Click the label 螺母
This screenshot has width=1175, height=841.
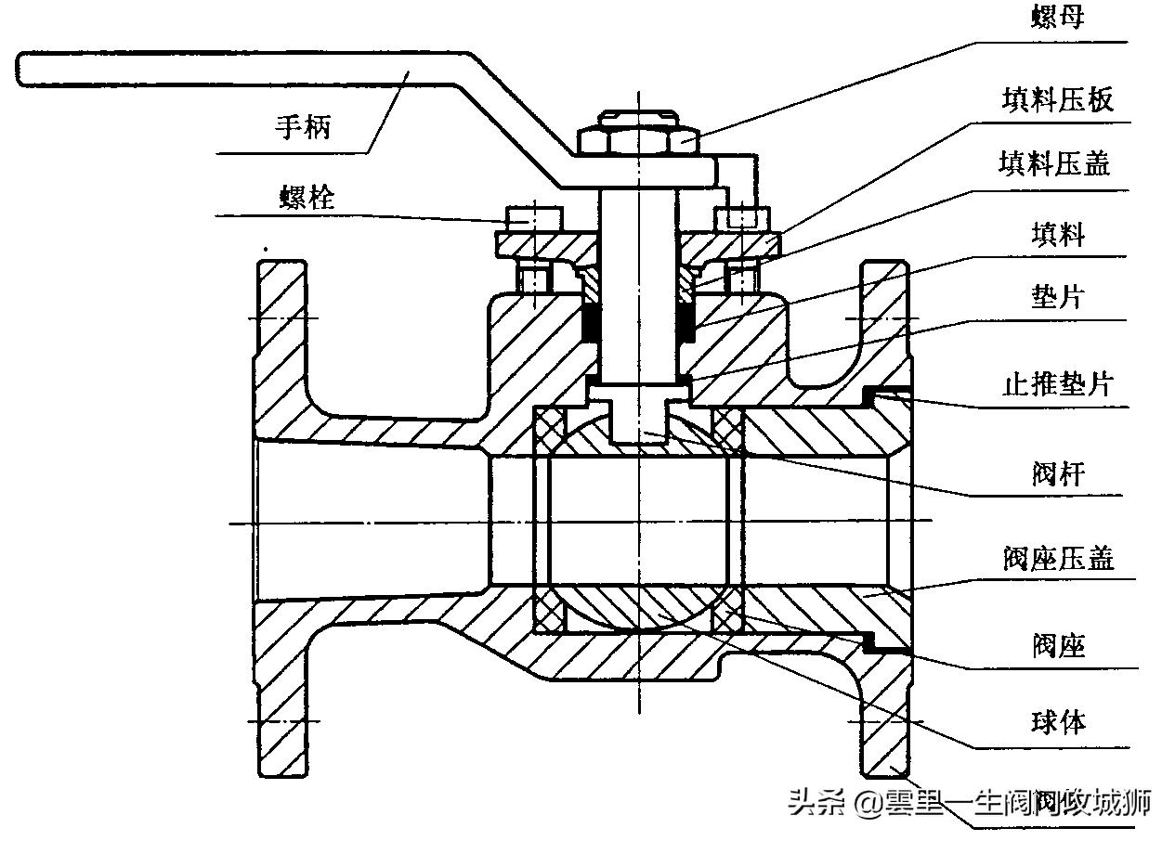click(1058, 18)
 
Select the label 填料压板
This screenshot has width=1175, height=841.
click(1057, 99)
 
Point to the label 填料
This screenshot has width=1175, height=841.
click(1058, 234)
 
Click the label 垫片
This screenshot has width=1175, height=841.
click(1058, 298)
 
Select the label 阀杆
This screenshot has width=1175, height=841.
click(1058, 473)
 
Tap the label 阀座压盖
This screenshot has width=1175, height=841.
click(1058, 558)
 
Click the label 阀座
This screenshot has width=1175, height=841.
click(1058, 645)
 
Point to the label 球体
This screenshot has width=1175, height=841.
click(1058, 721)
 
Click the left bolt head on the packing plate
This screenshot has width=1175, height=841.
click(533, 219)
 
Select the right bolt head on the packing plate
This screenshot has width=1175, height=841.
click(742, 219)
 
